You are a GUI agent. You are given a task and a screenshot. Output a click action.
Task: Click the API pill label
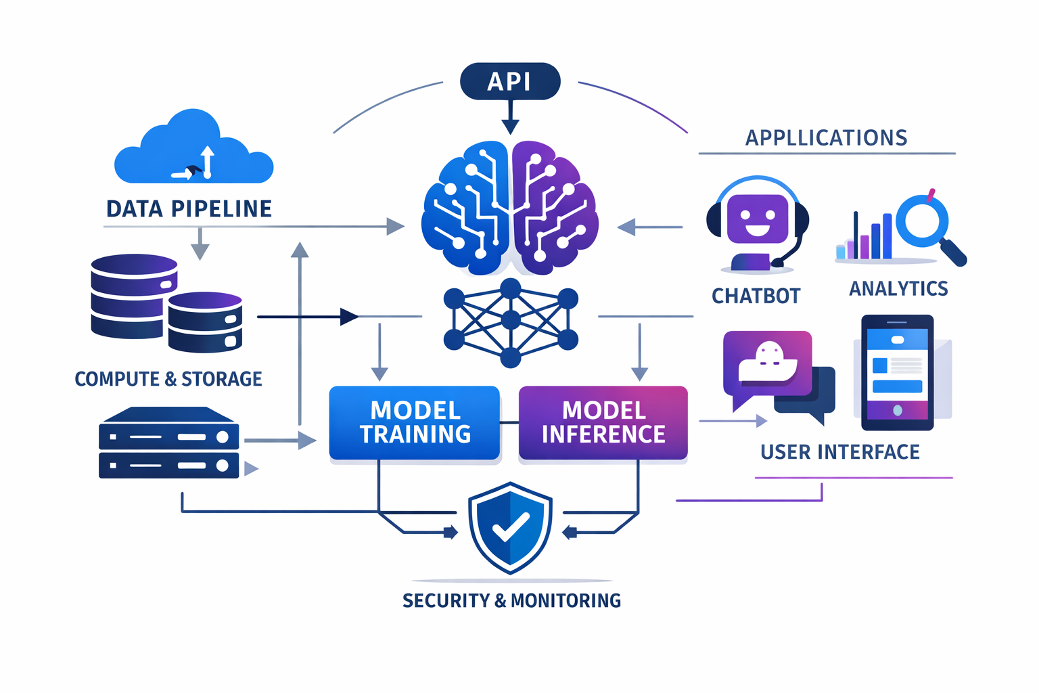coord(510,81)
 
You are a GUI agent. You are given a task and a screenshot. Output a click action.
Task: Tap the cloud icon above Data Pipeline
coord(194,150)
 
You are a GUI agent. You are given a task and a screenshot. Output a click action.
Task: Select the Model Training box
coord(415,423)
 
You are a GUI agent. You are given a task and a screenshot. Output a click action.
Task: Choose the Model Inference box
coord(603,423)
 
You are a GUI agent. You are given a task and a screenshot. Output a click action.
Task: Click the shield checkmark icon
coord(511,528)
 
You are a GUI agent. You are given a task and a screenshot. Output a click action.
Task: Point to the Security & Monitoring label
coord(511,600)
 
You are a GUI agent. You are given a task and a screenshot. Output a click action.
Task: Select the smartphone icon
coord(898,372)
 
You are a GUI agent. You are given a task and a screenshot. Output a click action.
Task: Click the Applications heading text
coord(826,138)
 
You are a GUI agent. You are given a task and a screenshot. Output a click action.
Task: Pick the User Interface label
coord(840,452)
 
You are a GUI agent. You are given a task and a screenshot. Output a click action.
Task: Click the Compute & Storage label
coord(168,379)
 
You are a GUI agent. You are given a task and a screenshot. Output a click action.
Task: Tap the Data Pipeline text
coord(189,209)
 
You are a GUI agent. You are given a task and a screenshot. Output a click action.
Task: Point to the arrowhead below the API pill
coord(511,126)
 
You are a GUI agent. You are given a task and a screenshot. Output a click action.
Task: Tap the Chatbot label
coord(756,296)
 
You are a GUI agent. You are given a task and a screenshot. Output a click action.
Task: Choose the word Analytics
coord(898,289)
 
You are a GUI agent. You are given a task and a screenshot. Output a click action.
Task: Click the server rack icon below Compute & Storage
coord(169,443)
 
